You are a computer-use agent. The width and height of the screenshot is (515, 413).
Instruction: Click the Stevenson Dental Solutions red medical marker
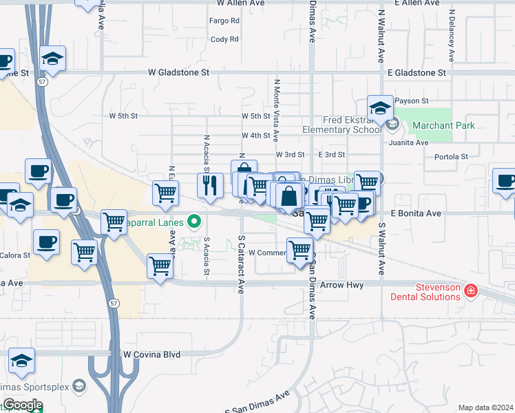pos(471,290)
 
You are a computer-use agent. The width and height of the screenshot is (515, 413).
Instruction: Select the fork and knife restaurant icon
pos(211,184)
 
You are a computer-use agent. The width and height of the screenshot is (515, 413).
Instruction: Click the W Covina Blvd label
pos(151,354)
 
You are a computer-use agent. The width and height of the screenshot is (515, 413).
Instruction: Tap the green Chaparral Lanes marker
pos(195,222)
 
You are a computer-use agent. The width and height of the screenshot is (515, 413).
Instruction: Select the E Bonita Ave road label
pos(415,213)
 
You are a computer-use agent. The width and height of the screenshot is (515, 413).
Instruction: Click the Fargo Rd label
pos(224,21)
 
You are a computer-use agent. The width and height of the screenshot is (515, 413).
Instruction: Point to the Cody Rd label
pos(224,39)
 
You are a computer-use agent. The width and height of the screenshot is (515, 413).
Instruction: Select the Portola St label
pos(452,157)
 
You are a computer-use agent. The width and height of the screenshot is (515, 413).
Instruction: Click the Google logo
pos(23,405)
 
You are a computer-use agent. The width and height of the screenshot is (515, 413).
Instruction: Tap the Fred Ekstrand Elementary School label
pos(341,125)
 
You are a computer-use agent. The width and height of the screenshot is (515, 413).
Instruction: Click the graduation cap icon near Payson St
pos(379,107)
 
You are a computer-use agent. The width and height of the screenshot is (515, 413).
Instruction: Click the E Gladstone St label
pos(417,72)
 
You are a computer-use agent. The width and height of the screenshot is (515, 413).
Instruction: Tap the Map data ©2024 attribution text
pos(485,407)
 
